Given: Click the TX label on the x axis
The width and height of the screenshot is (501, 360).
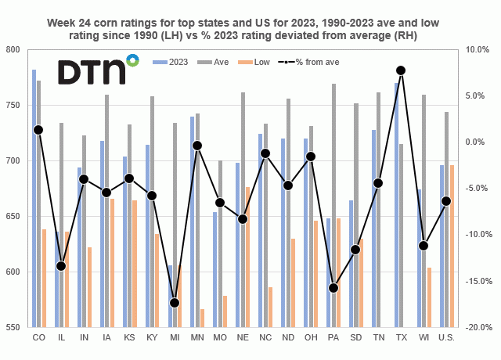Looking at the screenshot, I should (401, 338).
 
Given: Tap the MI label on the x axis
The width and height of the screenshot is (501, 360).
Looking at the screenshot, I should (174, 338).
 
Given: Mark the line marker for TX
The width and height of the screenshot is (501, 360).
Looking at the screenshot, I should (401, 70).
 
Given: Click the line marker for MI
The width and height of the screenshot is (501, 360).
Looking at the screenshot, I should (174, 303).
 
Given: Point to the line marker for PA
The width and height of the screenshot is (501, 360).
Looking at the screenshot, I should (333, 288).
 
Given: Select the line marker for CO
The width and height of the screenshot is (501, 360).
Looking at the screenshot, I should (38, 130).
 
